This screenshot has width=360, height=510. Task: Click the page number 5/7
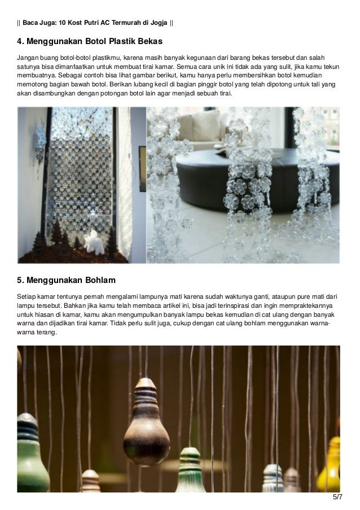click(338, 498)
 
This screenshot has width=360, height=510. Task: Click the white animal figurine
click(94, 242)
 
